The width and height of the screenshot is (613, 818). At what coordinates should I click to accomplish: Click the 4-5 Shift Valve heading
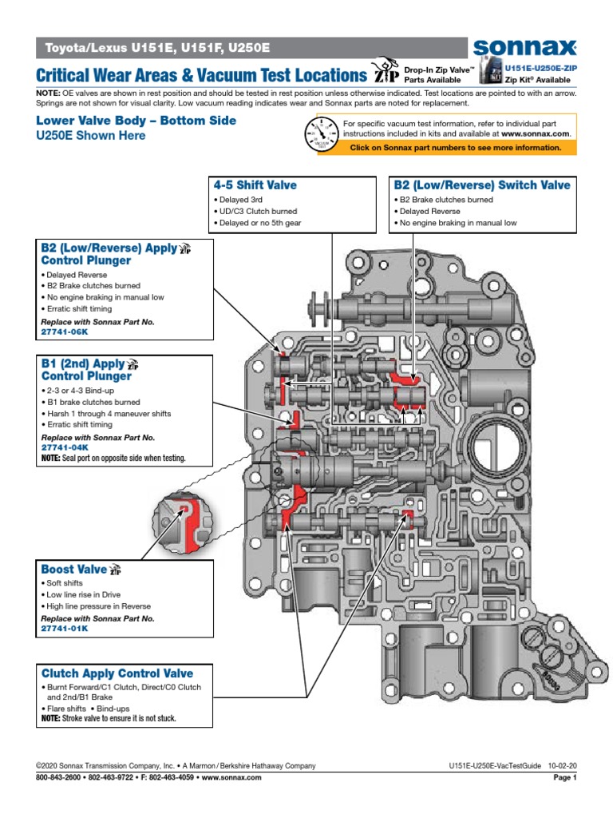coord(255,185)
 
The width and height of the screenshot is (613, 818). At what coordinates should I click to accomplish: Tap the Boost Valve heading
coord(74,570)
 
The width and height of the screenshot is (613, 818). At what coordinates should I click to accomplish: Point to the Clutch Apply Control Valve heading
coord(117,673)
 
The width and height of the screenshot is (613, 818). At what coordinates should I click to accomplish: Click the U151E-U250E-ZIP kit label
coord(540,69)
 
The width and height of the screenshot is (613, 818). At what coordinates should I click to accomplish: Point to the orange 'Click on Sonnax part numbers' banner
coord(455,148)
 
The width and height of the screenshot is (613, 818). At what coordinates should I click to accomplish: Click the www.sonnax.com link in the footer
coord(232,777)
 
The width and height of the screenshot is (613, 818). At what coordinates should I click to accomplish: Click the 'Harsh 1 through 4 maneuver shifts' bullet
coord(109,414)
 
